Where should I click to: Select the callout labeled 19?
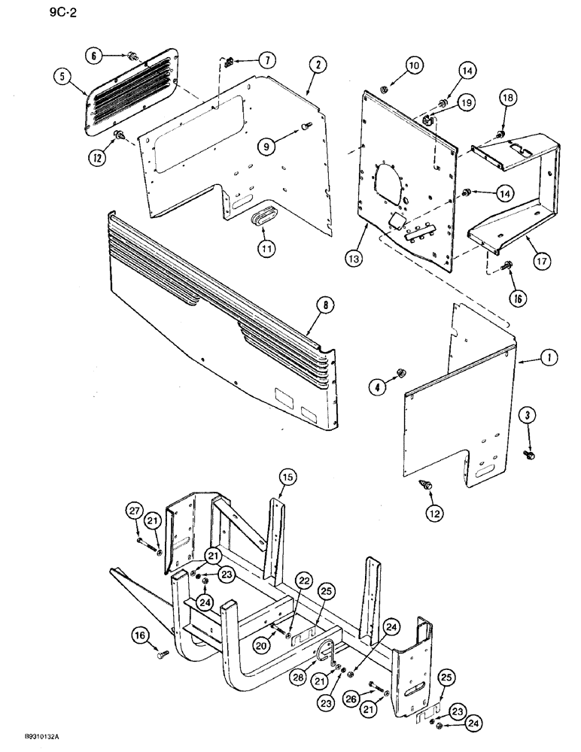[x=466, y=102]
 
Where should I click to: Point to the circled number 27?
[x=134, y=512]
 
